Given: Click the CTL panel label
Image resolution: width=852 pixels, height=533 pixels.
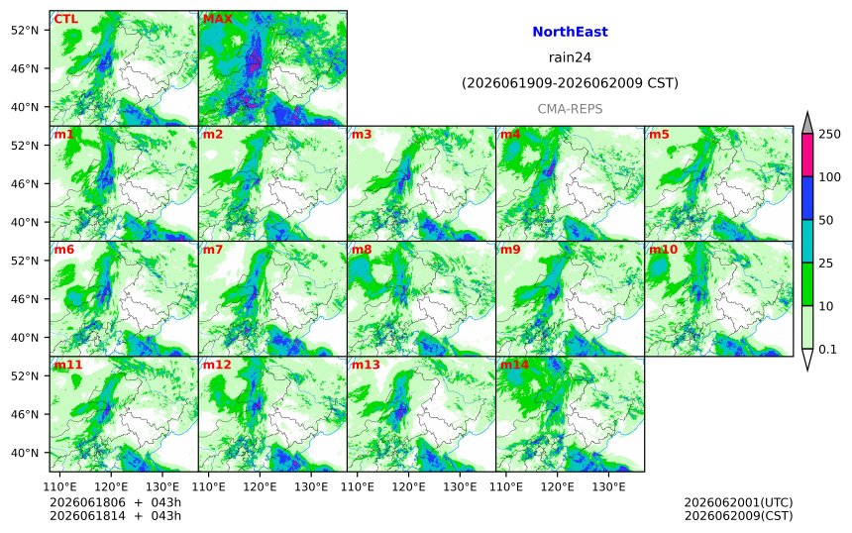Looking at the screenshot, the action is click(x=65, y=20).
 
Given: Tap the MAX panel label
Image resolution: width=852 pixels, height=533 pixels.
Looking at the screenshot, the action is click(x=217, y=19).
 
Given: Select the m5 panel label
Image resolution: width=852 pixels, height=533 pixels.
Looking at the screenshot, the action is click(x=659, y=134).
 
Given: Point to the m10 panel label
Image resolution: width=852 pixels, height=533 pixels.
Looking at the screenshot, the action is click(x=663, y=250).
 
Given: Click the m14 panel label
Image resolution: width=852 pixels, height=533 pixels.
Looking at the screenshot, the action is click(x=514, y=365).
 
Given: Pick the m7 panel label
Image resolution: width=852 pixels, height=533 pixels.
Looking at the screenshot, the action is click(x=213, y=250).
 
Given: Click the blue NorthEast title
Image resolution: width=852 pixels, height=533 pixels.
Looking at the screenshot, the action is click(x=570, y=32).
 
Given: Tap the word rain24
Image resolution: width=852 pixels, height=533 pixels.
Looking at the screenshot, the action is click(x=570, y=57).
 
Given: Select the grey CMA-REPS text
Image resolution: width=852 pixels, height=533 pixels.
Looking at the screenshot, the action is click(x=570, y=109).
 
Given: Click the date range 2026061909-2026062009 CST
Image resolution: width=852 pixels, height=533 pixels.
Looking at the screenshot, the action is click(x=570, y=83).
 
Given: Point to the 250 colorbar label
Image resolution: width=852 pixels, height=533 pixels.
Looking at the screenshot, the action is click(x=830, y=134).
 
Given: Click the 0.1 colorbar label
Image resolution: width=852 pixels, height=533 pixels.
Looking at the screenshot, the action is click(x=827, y=350).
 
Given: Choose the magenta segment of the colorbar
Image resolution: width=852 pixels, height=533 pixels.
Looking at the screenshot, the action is click(x=807, y=155).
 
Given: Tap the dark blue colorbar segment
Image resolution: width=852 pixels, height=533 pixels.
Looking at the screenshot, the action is click(x=807, y=198).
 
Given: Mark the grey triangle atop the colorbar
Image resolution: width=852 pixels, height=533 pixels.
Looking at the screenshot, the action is click(x=807, y=125).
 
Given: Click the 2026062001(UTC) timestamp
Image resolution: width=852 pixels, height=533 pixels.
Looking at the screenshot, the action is click(x=738, y=502).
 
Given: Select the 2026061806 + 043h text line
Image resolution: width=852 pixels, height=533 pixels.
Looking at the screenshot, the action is click(x=115, y=502).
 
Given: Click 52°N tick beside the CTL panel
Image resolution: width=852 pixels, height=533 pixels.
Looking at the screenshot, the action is click(x=25, y=31).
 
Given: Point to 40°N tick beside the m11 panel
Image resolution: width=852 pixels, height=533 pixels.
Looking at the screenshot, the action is click(x=25, y=453).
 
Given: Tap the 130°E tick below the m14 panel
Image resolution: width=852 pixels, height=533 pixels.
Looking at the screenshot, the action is click(x=608, y=486).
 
